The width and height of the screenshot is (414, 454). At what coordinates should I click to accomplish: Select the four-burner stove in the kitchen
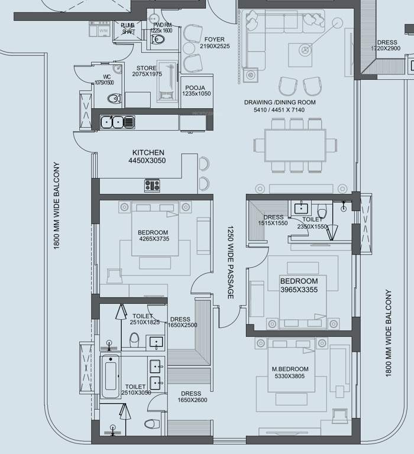(x=152, y=185)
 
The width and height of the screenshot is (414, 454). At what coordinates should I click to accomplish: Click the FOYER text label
(x=214, y=40)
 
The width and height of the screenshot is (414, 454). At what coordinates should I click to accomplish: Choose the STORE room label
(x=146, y=69)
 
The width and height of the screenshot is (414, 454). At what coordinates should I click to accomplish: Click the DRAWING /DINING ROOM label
(x=280, y=102)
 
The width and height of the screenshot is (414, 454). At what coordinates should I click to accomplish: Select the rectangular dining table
(x=295, y=145)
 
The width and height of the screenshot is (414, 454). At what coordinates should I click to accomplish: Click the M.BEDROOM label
(x=290, y=369)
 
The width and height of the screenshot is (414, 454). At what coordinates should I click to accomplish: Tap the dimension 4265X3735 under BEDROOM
(x=153, y=239)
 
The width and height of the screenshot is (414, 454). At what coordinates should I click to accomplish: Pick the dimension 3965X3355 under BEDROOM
(x=299, y=290)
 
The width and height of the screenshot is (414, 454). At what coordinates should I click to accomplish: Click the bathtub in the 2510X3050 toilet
(x=111, y=376)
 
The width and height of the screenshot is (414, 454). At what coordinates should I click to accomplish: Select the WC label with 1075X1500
(x=107, y=79)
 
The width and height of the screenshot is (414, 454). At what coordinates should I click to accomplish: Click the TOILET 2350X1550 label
(x=312, y=222)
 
